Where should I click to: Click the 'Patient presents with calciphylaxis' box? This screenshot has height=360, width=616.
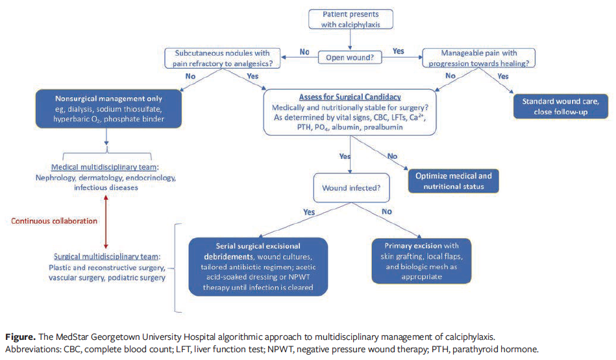(x=351, y=19)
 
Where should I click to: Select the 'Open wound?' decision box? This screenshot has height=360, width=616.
(x=351, y=58)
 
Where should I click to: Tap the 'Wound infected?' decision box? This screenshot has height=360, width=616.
(x=351, y=189)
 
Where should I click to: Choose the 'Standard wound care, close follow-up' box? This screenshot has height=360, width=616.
(x=561, y=106)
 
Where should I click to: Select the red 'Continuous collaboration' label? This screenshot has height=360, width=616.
(x=54, y=221)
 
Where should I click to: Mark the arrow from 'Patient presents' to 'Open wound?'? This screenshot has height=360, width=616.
(x=351, y=40)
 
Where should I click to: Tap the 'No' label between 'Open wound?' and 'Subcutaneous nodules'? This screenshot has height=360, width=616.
(x=304, y=51)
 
